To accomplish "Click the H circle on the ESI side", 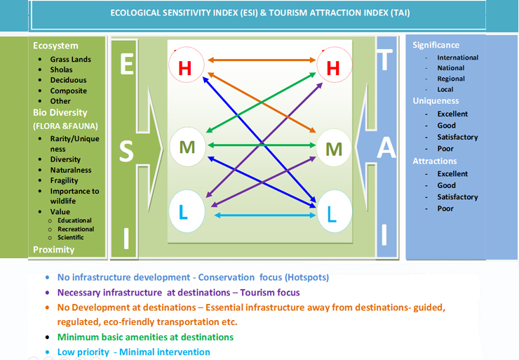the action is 187,65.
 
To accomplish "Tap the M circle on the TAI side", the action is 334,147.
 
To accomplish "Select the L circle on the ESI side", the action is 187,211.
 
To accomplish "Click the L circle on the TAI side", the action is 334,211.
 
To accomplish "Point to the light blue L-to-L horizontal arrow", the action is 265,215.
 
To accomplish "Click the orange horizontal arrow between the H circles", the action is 262,60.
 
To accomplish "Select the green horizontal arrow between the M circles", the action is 262,145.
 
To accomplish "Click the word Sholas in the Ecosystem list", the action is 61,69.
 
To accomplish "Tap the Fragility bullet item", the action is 65,180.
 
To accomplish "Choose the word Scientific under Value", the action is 71,237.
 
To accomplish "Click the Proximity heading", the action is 53,249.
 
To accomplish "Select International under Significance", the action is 457,58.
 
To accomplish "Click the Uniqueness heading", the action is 436,100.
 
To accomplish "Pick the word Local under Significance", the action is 445,89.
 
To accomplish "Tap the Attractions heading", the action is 435,161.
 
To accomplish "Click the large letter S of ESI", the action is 126,152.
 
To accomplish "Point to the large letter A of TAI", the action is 386,147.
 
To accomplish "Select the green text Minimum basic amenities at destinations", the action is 145,337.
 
